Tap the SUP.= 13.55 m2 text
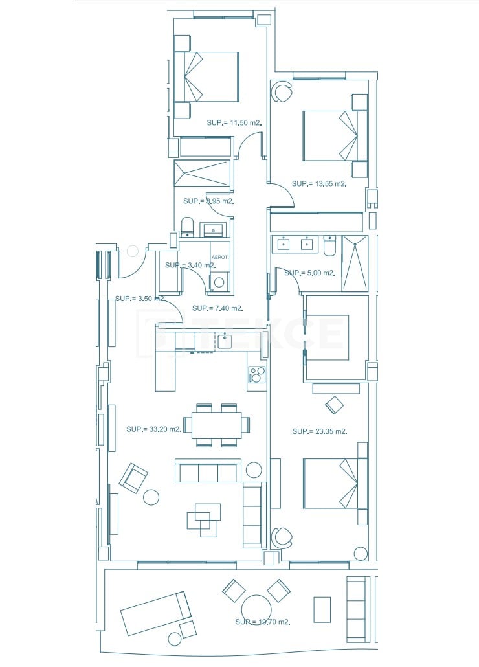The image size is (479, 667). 319,184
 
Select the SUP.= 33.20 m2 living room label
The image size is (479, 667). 154,429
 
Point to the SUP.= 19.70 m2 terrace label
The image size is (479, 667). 262,622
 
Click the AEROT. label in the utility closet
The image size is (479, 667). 220,257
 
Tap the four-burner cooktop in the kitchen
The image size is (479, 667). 257,375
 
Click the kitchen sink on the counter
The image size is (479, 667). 225,341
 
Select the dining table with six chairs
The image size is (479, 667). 216,425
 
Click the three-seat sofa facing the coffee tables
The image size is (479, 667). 208,471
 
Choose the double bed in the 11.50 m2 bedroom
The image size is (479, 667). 207,76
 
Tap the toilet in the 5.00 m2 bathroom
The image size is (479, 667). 329,246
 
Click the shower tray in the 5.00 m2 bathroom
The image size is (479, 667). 355,264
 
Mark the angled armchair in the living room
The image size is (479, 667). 133,478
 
